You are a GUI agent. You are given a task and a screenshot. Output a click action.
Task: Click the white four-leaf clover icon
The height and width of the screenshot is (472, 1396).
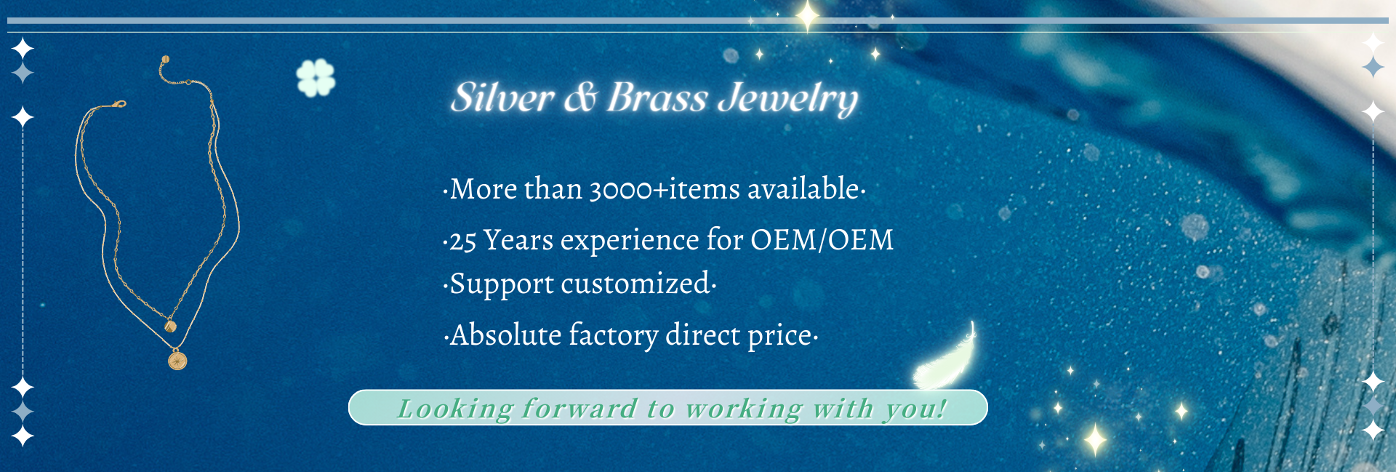pyautogui.click(x=316, y=78)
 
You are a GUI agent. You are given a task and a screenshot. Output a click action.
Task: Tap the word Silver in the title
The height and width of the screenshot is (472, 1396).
pyautogui.click(x=502, y=97)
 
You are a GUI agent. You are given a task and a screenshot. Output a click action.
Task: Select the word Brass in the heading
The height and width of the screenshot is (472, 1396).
pyautogui.click(x=657, y=97)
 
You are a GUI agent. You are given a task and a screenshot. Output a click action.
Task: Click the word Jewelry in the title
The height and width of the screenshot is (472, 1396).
pyautogui.click(x=788, y=100)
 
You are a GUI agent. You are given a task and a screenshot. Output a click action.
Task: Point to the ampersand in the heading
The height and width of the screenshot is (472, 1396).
pyautogui.click(x=581, y=97)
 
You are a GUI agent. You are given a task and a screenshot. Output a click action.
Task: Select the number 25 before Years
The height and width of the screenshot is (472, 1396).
pyautogui.click(x=462, y=241)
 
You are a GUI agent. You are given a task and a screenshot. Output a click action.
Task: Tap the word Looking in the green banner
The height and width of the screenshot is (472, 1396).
pyautogui.click(x=456, y=409)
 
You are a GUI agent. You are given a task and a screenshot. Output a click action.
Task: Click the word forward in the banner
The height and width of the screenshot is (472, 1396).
pyautogui.click(x=579, y=408)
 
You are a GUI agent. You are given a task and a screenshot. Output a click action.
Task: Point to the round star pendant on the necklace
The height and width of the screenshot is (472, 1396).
pyautogui.click(x=177, y=360)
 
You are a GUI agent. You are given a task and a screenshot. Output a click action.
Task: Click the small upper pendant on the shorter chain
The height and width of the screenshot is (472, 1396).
pyautogui.click(x=171, y=325)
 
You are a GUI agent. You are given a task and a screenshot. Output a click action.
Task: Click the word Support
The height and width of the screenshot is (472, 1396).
pyautogui.click(x=502, y=284)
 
